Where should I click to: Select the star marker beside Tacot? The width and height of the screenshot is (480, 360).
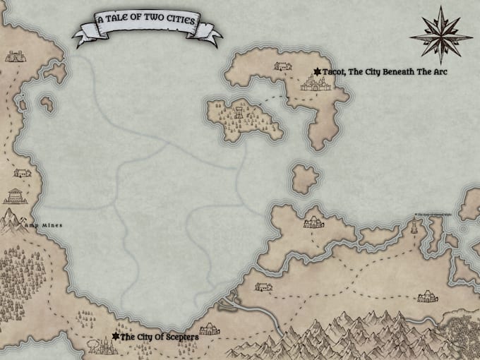(x=318, y=71)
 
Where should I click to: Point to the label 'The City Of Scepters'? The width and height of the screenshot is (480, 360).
(x=160, y=337)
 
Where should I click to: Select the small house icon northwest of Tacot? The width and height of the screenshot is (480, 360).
(x=282, y=66)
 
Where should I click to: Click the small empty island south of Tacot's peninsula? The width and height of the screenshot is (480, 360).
(x=304, y=179)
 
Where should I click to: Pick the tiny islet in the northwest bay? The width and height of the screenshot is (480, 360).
(x=48, y=104)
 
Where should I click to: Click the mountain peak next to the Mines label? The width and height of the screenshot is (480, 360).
(x=14, y=221)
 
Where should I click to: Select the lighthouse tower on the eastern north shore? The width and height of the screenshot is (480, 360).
(x=414, y=227)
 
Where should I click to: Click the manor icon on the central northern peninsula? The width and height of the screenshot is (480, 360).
(x=313, y=223)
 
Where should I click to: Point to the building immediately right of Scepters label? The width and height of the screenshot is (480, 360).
(x=210, y=330)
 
